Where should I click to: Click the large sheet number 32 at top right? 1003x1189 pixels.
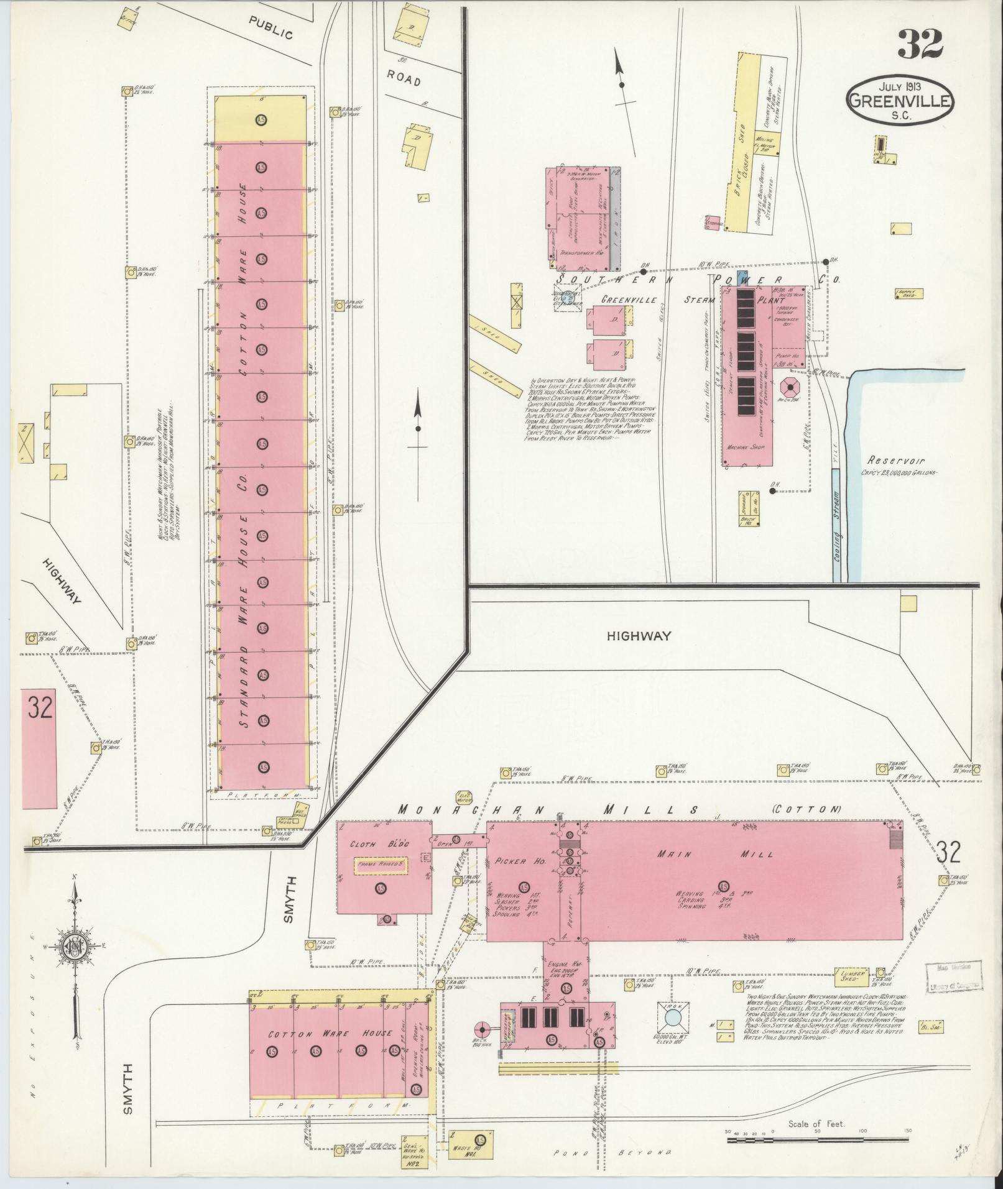(920, 44)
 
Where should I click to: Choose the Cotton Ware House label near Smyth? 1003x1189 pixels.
(330, 1033)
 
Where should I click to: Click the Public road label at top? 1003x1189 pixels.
(270, 28)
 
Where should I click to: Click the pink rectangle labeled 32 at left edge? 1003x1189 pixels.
(40, 748)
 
